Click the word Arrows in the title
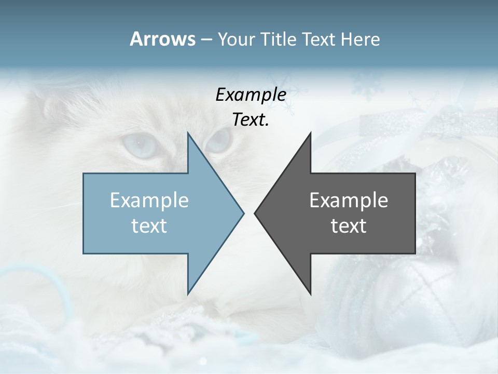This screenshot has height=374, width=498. (x=162, y=39)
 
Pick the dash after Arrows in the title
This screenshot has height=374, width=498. (x=206, y=40)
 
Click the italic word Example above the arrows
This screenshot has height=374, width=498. (x=251, y=95)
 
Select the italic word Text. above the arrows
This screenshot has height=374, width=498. (x=251, y=120)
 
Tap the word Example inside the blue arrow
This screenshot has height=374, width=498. (x=149, y=201)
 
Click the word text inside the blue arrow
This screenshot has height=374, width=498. (x=149, y=226)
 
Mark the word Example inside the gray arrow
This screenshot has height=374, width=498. (x=349, y=201)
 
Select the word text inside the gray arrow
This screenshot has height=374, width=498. (x=349, y=226)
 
